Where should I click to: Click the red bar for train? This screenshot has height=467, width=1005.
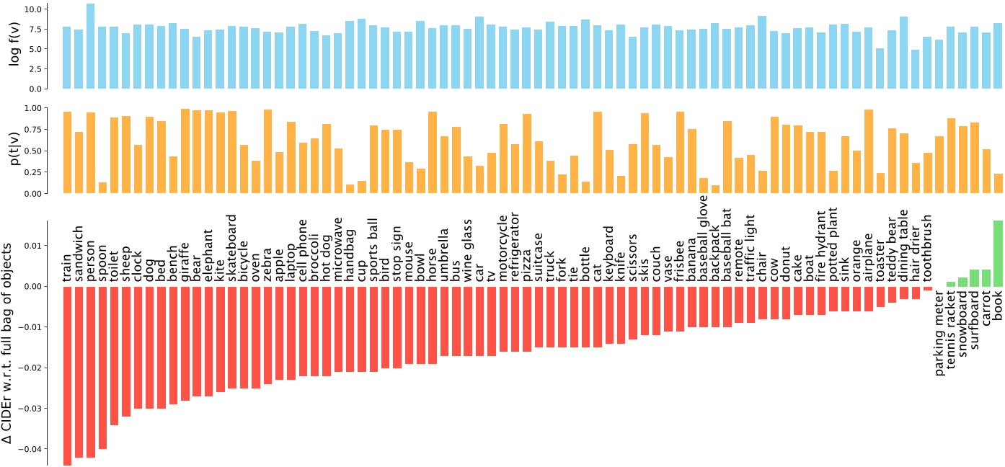67,375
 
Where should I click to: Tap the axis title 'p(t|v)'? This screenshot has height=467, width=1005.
14,151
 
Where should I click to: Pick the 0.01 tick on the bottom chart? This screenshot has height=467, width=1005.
31,246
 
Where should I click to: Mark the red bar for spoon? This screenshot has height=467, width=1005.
102,367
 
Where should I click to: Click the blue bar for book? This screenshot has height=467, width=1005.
998,56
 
